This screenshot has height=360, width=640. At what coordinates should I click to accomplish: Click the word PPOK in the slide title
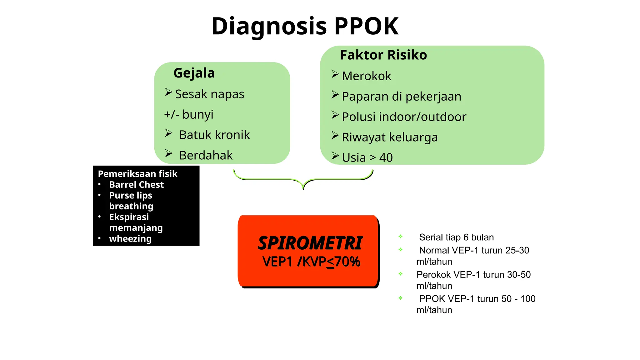point(366,26)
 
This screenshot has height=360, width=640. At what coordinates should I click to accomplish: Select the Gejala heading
point(194,73)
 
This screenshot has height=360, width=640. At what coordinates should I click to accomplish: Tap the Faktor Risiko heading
point(383,55)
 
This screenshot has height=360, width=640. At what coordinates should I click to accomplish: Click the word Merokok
point(367,76)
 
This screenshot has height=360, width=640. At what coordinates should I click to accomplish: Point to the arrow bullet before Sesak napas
point(168,92)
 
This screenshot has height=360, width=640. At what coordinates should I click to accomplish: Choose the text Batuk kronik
point(214,135)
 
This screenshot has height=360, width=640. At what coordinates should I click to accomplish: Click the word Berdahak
point(206,155)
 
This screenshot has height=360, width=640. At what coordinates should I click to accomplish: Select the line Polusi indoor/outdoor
point(404,117)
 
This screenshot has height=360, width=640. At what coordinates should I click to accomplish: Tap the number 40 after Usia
point(386,157)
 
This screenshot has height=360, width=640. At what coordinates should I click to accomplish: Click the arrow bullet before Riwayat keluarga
point(335,136)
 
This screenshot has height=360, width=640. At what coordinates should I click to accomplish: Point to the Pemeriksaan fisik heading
point(137,174)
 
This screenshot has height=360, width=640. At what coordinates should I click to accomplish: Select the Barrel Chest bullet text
point(136,185)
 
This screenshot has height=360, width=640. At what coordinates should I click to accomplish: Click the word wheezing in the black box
point(130,239)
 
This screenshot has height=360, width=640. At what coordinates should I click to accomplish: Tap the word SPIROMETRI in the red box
point(310,243)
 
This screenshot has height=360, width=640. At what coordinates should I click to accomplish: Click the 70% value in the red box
point(347,262)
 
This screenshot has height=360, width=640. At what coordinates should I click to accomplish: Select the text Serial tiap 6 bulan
point(456,237)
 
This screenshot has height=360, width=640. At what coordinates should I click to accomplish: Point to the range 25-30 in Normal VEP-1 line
point(517,250)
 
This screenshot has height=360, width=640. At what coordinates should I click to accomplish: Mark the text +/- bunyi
point(189,114)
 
